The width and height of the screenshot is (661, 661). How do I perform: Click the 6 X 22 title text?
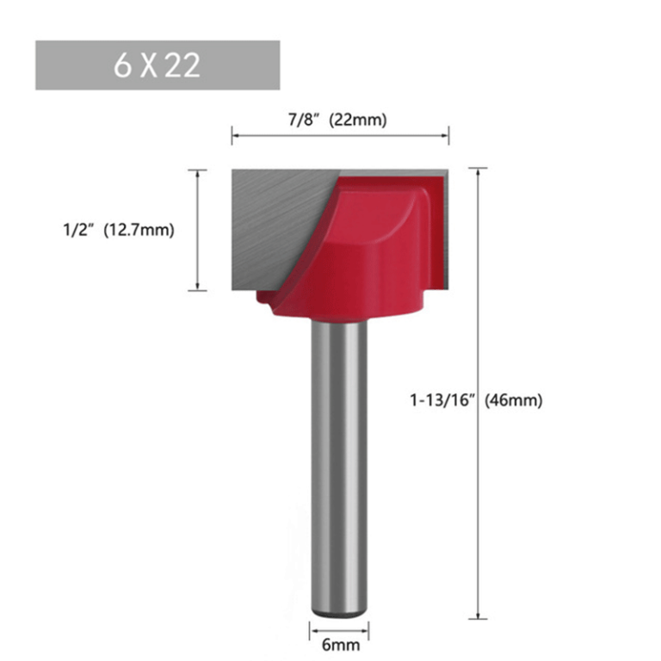click(x=157, y=65)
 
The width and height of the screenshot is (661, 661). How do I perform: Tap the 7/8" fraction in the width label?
click(x=302, y=120)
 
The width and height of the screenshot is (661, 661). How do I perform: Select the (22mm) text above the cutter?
click(x=358, y=120)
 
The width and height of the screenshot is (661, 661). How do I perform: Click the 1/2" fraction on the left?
click(x=77, y=230)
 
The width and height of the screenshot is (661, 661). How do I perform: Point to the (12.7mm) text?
click(x=139, y=230)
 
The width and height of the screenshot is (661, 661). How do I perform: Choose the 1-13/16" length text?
click(x=442, y=400)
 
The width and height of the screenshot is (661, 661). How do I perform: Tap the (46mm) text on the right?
click(x=514, y=400)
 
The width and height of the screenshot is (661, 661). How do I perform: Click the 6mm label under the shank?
click(x=341, y=645)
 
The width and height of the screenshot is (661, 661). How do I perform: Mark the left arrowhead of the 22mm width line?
click(x=236, y=135)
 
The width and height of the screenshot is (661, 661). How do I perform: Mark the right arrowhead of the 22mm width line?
click(x=445, y=135)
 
